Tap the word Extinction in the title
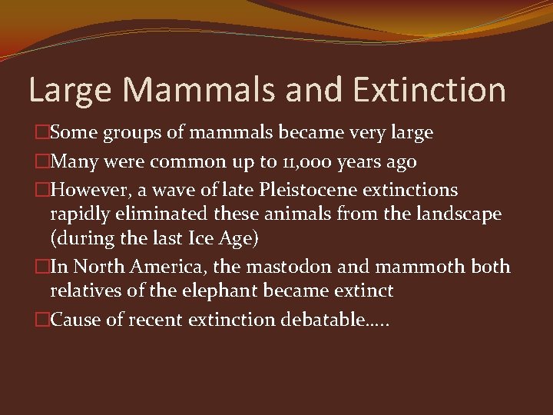429,90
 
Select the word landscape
453,214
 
